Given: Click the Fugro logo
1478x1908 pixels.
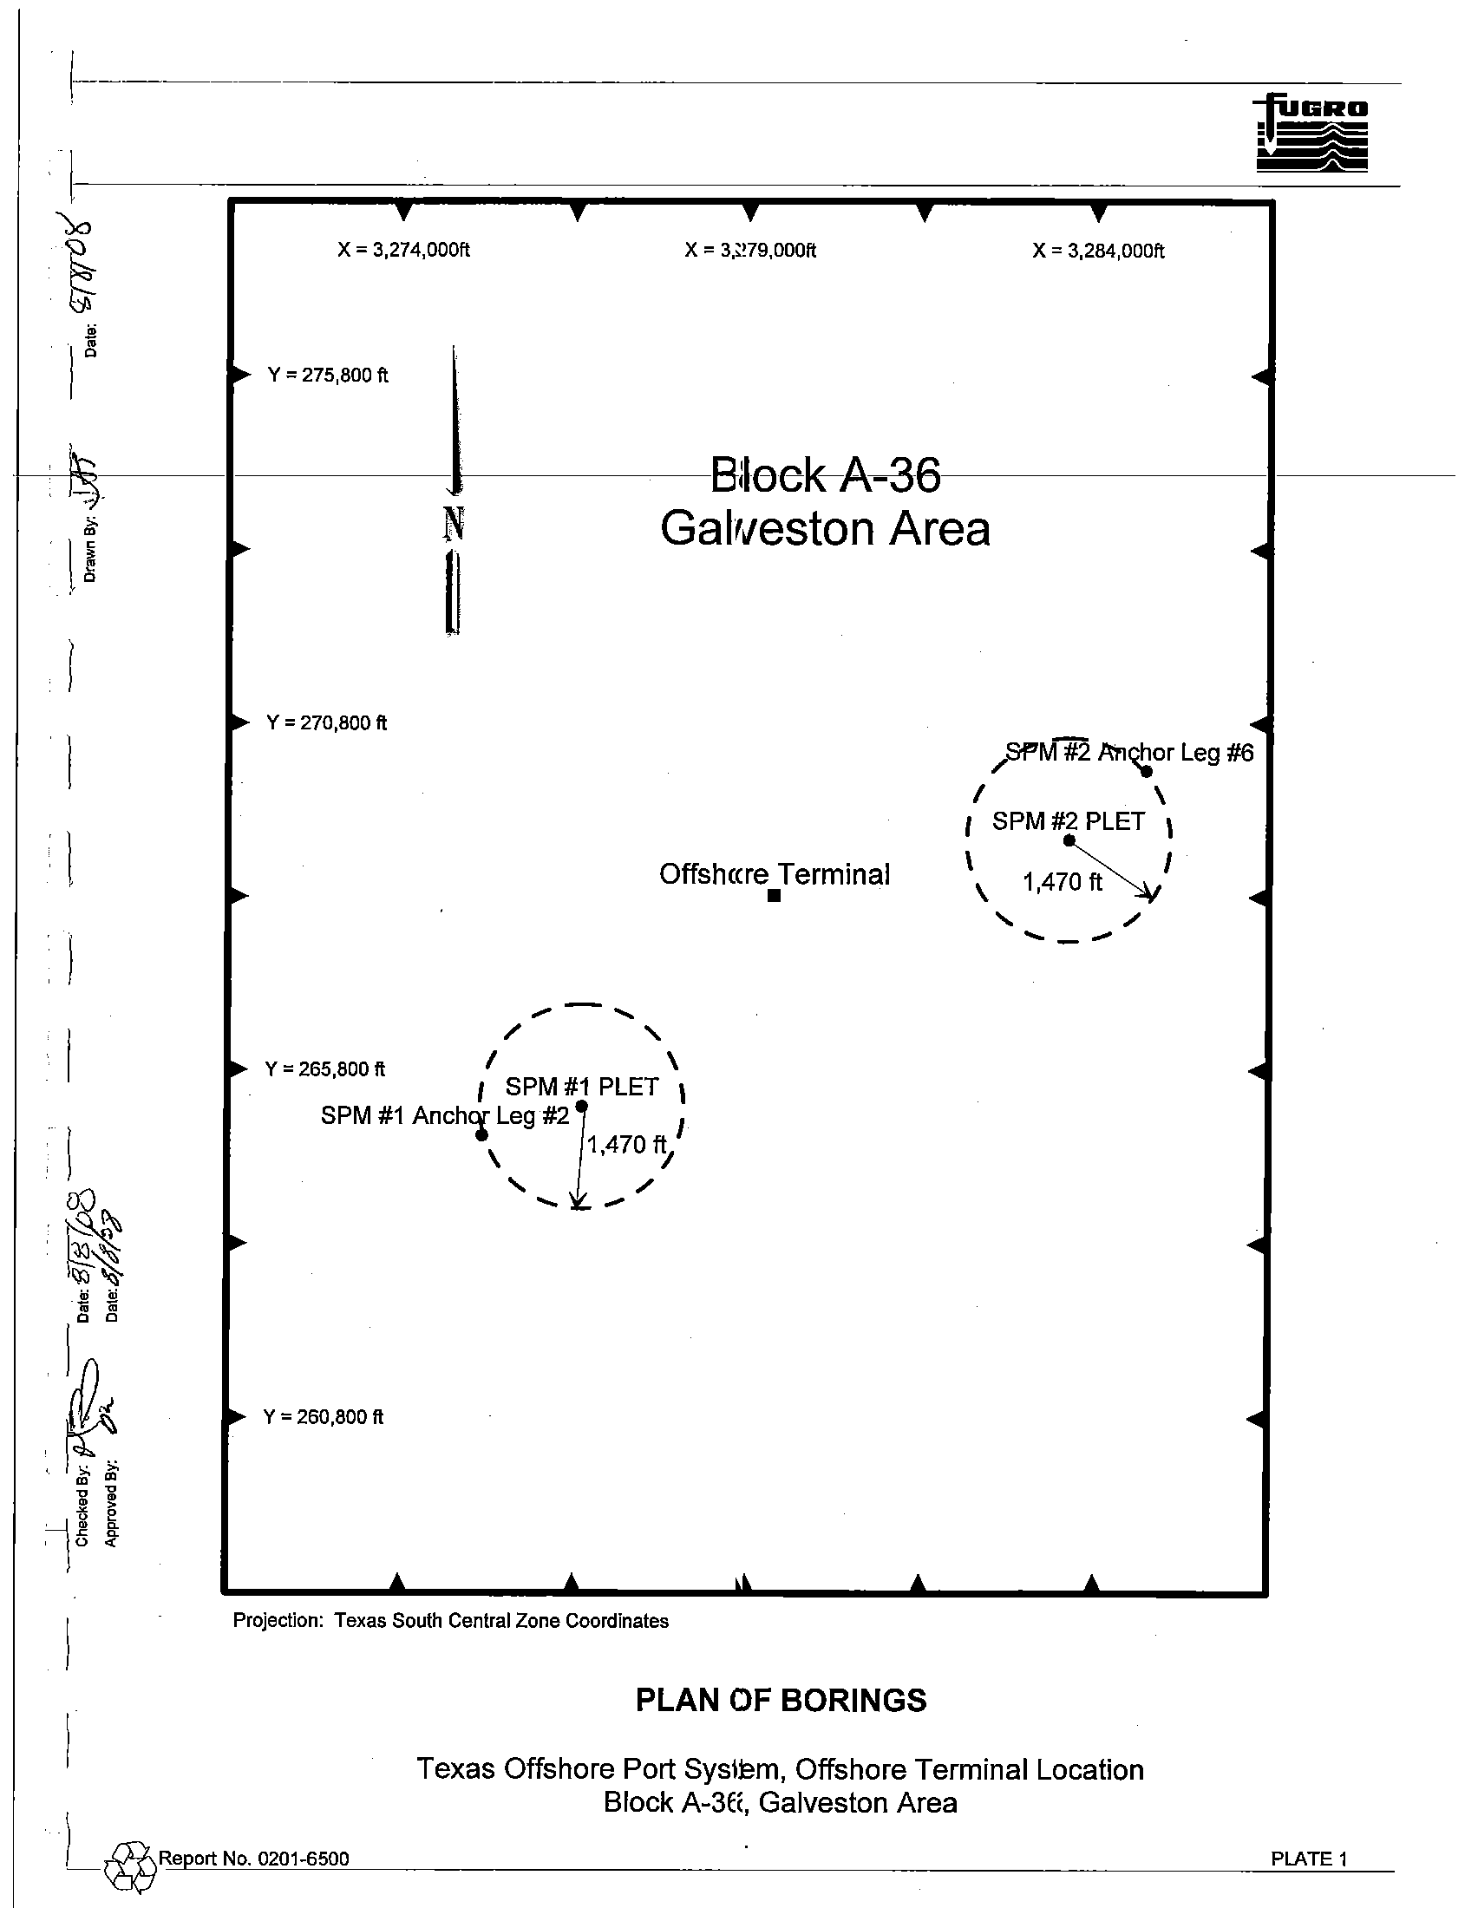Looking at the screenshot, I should pyautogui.click(x=1311, y=133).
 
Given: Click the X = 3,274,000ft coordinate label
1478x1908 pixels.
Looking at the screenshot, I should pyautogui.click(x=403, y=250).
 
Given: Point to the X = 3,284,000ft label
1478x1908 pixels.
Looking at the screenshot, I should pyautogui.click(x=1098, y=251).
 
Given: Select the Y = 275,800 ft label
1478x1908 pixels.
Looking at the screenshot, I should pyautogui.click(x=328, y=375).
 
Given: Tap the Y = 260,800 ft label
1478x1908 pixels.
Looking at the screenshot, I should pyautogui.click(x=324, y=1417).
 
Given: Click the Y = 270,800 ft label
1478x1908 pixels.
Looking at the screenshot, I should pyautogui.click(x=327, y=722).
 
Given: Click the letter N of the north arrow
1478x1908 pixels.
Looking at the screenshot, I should pyautogui.click(x=454, y=524).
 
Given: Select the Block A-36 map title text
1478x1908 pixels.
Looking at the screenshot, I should pyautogui.click(x=825, y=475).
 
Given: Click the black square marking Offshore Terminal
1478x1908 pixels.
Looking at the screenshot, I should pyautogui.click(x=774, y=896).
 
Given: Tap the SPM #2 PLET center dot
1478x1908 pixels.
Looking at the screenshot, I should pyautogui.click(x=1069, y=840).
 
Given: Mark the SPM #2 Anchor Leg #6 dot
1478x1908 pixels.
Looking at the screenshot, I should pyautogui.click(x=1147, y=771).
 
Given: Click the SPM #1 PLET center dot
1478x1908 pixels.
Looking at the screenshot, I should pyautogui.click(x=582, y=1107).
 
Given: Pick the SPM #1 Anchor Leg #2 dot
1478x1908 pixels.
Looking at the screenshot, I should pyautogui.click(x=481, y=1135).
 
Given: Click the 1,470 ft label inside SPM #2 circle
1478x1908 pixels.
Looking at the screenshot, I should pyautogui.click(x=1063, y=882).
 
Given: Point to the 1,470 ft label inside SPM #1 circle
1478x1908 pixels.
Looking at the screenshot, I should pyautogui.click(x=626, y=1145).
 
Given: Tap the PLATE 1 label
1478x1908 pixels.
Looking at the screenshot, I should pyautogui.click(x=1309, y=1859).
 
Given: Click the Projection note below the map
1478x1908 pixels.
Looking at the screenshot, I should pyautogui.click(x=451, y=1622).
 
